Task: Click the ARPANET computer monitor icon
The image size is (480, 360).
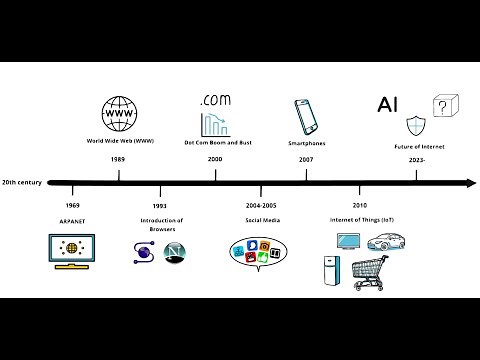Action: [x=72, y=250]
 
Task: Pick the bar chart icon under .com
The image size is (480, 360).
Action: [x=214, y=125]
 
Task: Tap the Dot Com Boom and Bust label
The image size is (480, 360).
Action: [x=218, y=143]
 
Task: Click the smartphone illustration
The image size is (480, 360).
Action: [x=305, y=116]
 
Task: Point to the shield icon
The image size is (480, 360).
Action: [x=417, y=126]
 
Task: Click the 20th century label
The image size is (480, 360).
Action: [x=21, y=183]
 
